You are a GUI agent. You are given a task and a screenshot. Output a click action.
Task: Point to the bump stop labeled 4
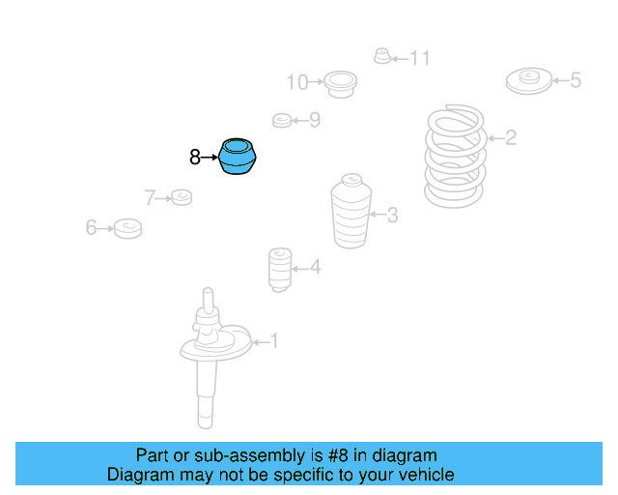(279, 269)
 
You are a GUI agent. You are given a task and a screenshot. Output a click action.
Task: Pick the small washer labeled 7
(181, 198)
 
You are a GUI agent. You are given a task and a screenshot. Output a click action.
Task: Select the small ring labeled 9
(281, 120)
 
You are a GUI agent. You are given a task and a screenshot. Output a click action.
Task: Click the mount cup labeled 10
(339, 83)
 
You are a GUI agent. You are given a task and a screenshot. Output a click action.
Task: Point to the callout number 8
(194, 156)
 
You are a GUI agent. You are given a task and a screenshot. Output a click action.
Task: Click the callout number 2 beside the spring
(511, 138)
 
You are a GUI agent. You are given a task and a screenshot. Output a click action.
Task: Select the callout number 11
(418, 59)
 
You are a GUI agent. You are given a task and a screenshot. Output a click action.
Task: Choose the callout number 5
(576, 80)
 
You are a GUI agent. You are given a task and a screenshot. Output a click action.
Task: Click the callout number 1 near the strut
(273, 340)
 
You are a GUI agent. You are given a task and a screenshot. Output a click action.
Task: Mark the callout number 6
(91, 228)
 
